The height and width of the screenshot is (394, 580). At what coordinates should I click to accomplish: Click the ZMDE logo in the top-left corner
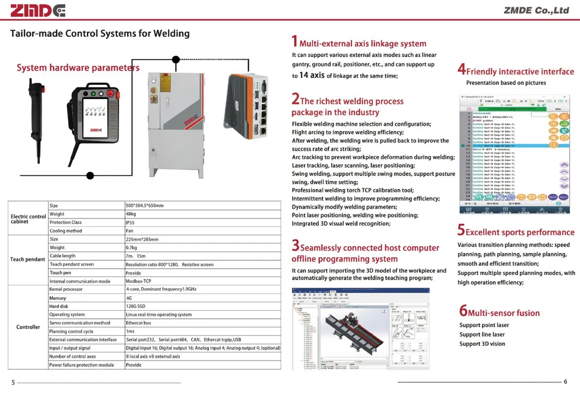[38, 10]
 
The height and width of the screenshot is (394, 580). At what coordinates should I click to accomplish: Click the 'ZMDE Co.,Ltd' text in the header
[536, 10]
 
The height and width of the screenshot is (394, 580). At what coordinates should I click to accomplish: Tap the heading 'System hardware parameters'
[78, 68]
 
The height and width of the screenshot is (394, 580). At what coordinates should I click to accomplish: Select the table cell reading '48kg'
[131, 214]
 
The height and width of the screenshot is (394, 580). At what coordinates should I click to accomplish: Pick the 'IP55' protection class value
[130, 222]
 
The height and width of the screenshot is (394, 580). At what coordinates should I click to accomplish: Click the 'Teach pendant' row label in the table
[27, 259]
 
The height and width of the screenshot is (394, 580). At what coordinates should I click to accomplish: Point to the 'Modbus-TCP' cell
[138, 281]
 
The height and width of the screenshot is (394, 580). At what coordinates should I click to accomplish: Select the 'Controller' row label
[28, 327]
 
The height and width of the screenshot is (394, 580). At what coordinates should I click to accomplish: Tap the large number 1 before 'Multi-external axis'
[294, 42]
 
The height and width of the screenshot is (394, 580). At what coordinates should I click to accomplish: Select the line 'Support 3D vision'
[482, 344]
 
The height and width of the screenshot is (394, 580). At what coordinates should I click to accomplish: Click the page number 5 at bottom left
[13, 382]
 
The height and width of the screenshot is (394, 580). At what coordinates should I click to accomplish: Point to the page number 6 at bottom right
[565, 382]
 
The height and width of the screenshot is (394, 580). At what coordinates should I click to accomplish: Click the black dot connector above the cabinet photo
[176, 59]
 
